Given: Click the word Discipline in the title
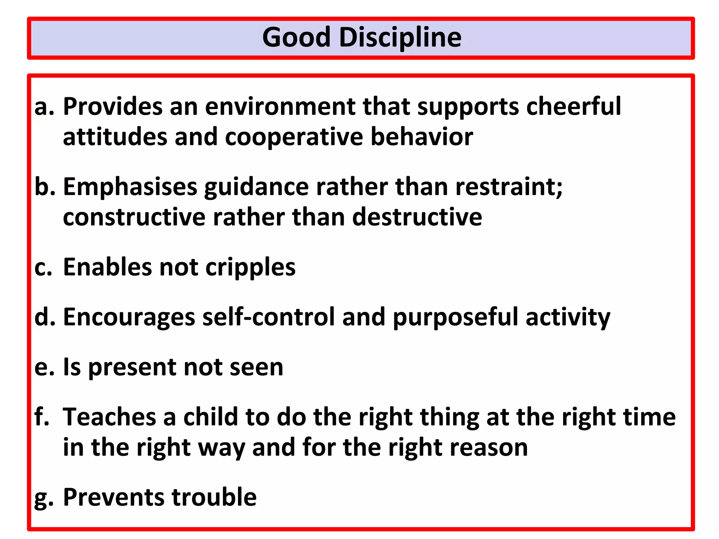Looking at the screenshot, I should coord(400,38).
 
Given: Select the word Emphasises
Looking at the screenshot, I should coord(130,187).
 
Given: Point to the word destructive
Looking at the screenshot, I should coord(417,217).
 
